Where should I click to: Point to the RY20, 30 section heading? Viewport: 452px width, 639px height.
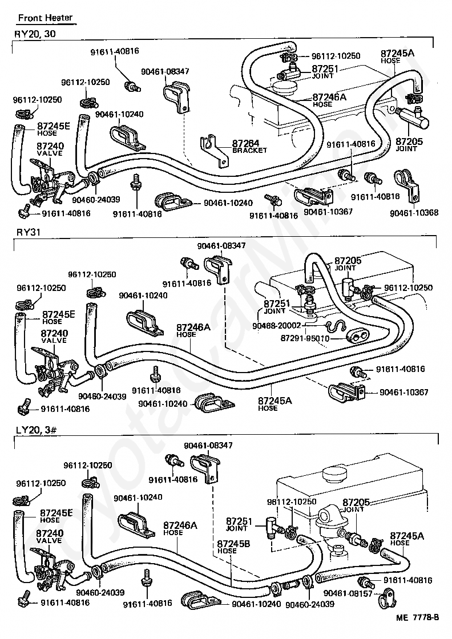pos(35,34)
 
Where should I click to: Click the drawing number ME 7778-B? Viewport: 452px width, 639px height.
pos(416,617)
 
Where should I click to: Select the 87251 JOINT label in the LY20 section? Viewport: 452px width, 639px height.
pos(239,524)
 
